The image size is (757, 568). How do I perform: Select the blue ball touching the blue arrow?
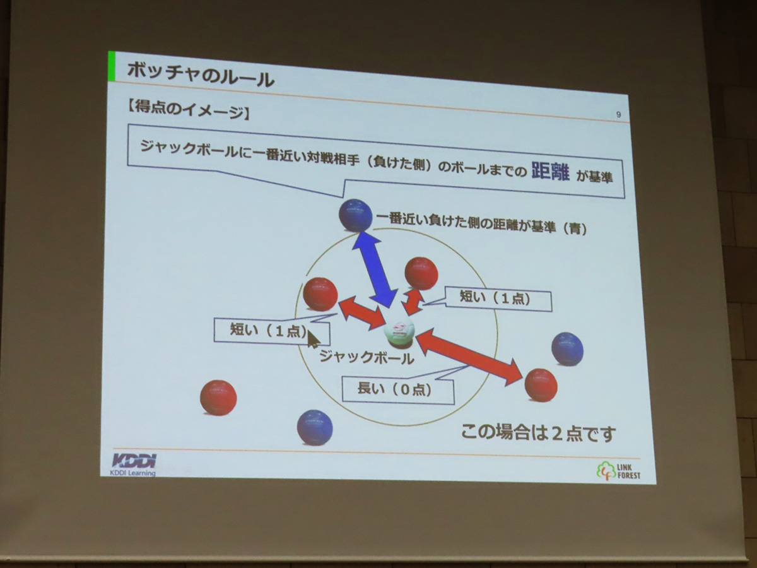click(x=356, y=215)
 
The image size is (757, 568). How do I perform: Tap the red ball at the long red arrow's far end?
click(x=541, y=385)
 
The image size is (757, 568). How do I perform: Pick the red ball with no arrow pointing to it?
click(x=218, y=398)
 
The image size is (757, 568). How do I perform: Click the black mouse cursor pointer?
click(x=314, y=339)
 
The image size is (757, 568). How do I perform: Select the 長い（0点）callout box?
click(x=398, y=389)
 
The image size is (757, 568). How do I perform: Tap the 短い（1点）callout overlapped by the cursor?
click(x=272, y=331)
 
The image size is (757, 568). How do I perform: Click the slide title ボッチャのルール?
click(x=201, y=75)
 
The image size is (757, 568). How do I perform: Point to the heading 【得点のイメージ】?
click(x=188, y=110)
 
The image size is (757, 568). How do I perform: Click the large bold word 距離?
click(x=551, y=172)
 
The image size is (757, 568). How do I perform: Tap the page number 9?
click(x=618, y=114)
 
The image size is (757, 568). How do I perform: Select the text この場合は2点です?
click(x=538, y=434)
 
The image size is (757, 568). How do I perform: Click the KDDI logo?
click(x=134, y=464)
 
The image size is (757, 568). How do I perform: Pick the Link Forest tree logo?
click(x=618, y=471)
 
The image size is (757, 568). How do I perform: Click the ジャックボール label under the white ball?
click(x=367, y=357)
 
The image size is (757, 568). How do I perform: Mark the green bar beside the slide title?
click(x=112, y=66)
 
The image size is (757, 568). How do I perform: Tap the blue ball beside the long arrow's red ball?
click(x=567, y=349)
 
